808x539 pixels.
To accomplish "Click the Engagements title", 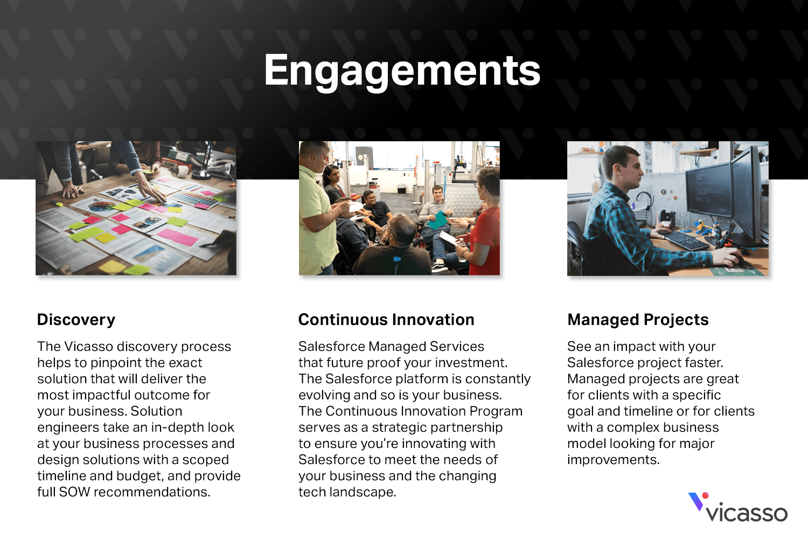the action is click(x=402, y=71).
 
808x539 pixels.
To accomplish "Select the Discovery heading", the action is click(x=76, y=320).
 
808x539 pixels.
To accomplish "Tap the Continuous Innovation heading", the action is click(x=386, y=320).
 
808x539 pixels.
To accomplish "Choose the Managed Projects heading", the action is click(x=638, y=320).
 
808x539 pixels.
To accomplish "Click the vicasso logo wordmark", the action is click(x=746, y=513).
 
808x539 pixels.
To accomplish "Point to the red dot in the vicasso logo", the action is click(x=706, y=495).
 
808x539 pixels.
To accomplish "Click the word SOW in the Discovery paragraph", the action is click(x=74, y=492).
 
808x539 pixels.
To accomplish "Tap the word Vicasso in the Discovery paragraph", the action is click(x=89, y=346).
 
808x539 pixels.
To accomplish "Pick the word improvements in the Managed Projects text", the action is click(x=613, y=460).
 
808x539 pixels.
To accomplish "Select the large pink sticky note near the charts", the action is click(x=177, y=237).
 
